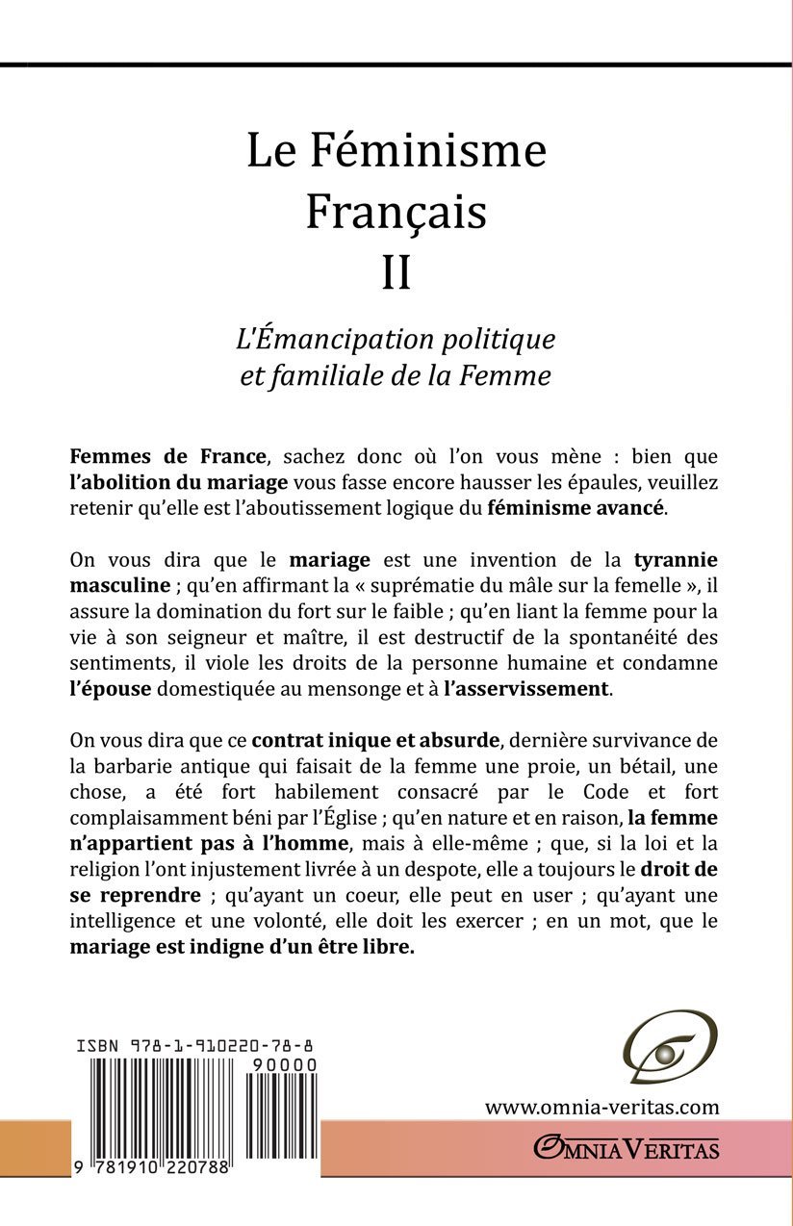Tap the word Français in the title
(x=396, y=213)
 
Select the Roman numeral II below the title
(x=396, y=274)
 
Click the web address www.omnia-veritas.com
(x=602, y=1107)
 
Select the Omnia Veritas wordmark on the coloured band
(x=627, y=1147)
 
